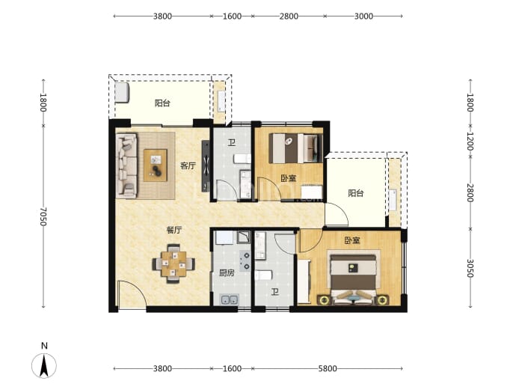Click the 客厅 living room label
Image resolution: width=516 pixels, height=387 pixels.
pyautogui.click(x=188, y=165)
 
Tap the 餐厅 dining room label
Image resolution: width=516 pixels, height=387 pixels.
pyautogui.click(x=173, y=230)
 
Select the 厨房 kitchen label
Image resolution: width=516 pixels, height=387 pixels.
pyautogui.click(x=227, y=273)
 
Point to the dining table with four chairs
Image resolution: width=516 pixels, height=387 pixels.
pyautogui.click(x=173, y=263)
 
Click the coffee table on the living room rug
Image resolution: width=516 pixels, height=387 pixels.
pyautogui.click(x=156, y=165)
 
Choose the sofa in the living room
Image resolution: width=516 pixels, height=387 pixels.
pyautogui.click(x=126, y=165)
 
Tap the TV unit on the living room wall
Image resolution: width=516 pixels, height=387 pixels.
pyautogui.click(x=206, y=165)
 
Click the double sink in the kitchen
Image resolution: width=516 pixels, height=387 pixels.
pyautogui.click(x=230, y=299)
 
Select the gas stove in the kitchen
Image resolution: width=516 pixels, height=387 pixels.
pyautogui.click(x=245, y=260)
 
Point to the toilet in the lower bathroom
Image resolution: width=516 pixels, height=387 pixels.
pyautogui.click(x=263, y=275)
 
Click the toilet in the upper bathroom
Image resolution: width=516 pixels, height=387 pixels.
pyautogui.click(x=242, y=159)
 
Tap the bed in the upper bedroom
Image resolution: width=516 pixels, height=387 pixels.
pyautogui.click(x=295, y=148)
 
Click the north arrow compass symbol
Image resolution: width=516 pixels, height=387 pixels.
pyautogui.click(x=44, y=365)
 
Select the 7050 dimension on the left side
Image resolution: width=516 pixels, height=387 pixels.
pyautogui.click(x=43, y=216)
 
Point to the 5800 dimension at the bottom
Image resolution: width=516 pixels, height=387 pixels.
pyautogui.click(x=328, y=368)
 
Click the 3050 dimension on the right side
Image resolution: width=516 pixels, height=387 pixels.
pyautogui.click(x=470, y=268)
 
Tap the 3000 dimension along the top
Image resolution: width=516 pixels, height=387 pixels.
pyautogui.click(x=363, y=16)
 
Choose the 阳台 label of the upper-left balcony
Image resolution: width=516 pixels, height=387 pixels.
pyautogui.click(x=162, y=103)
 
